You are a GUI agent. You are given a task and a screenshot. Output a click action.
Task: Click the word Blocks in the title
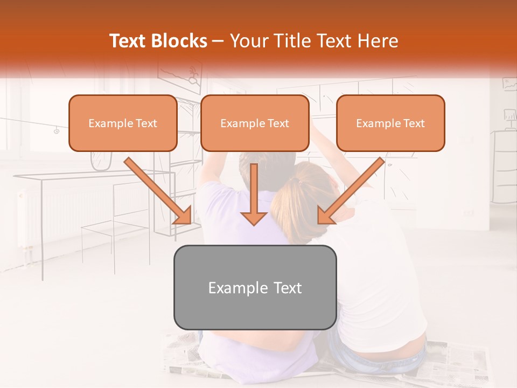[180, 41]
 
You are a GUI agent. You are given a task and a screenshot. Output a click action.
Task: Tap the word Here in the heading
[377, 41]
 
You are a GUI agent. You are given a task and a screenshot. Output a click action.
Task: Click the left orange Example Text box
[123, 123]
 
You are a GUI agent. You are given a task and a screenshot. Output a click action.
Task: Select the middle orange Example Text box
[255, 123]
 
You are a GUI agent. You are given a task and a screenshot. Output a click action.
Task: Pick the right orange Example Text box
[390, 123]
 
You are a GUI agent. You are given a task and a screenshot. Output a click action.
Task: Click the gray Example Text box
[255, 287]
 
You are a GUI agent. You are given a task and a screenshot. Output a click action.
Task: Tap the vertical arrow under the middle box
[254, 194]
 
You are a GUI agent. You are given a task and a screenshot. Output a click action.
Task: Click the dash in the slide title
[218, 41]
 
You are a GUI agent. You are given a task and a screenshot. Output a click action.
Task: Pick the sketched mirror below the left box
[101, 161]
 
